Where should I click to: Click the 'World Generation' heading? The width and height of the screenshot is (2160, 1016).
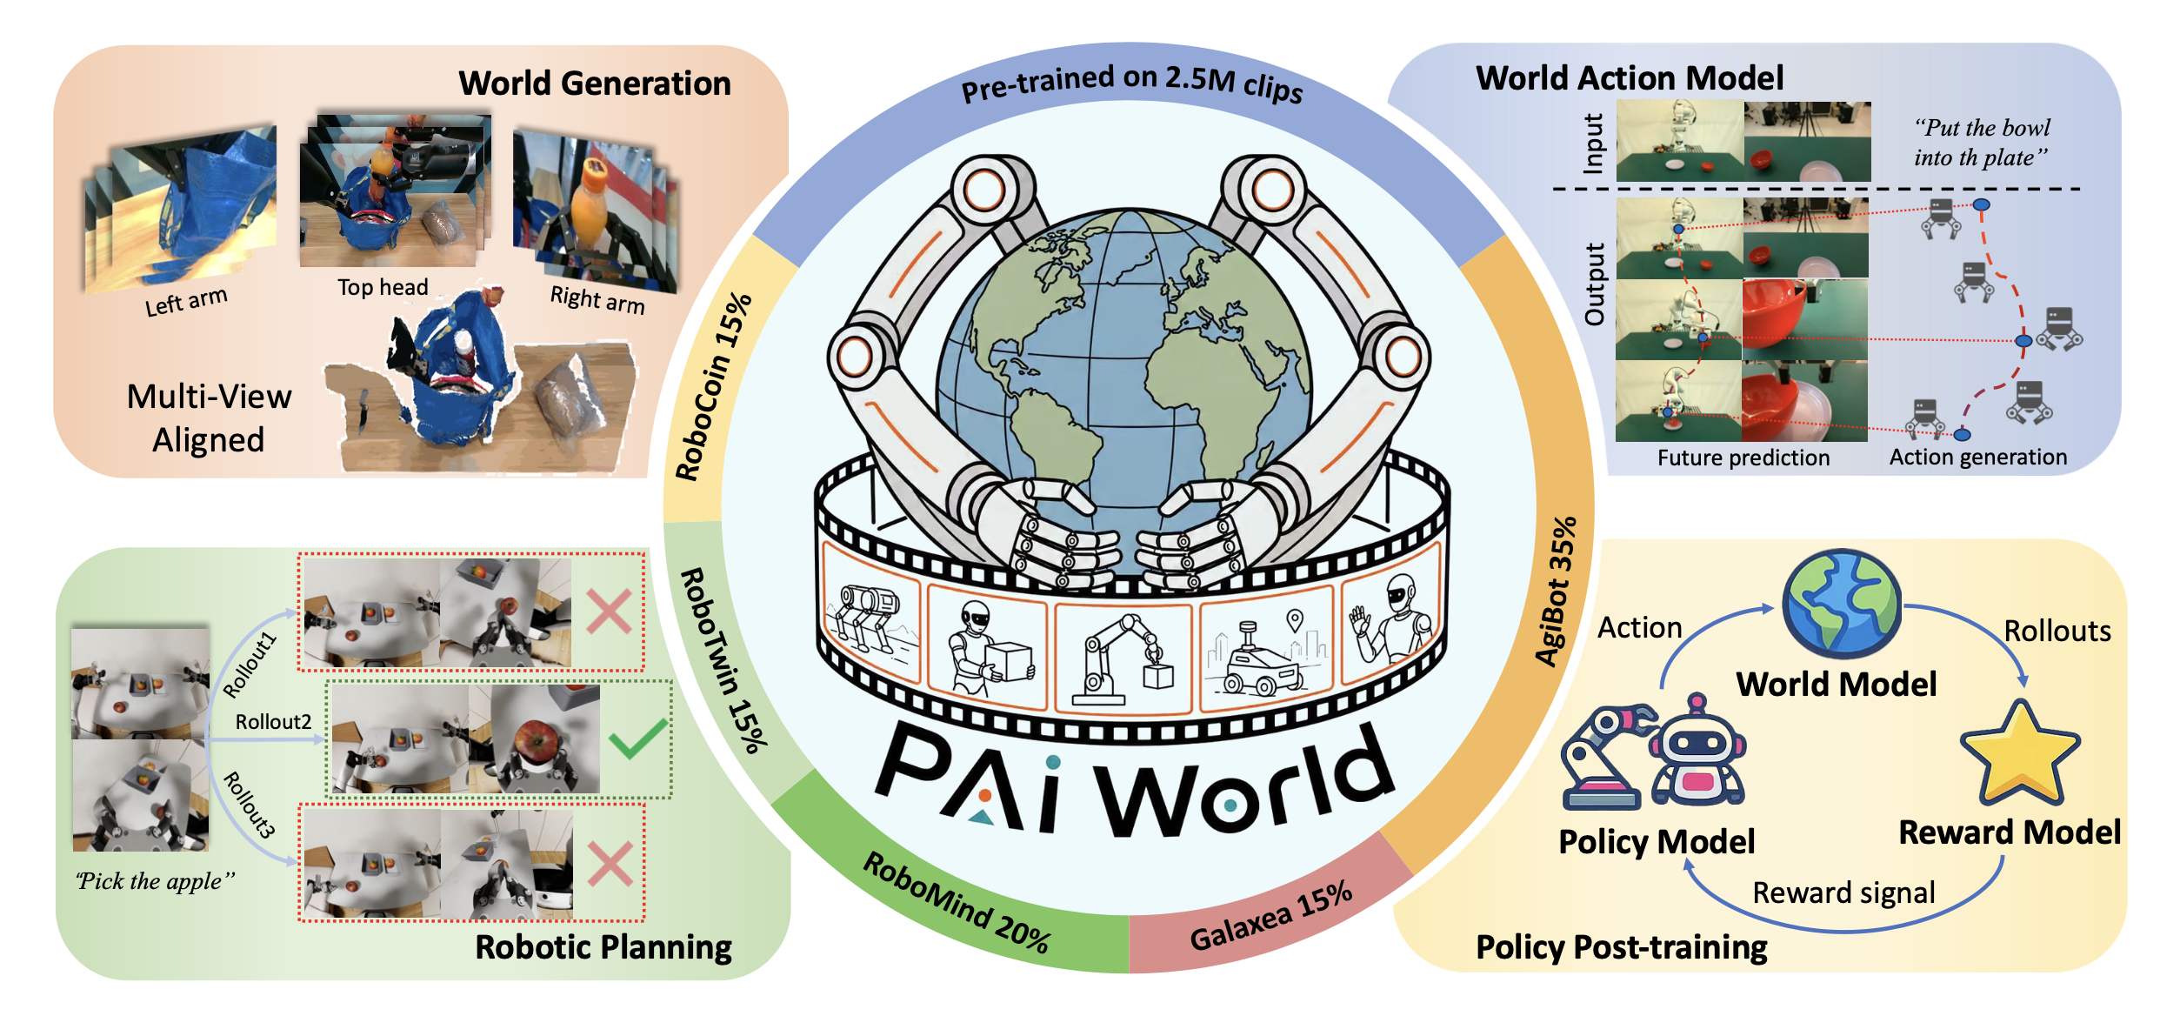pyautogui.click(x=595, y=84)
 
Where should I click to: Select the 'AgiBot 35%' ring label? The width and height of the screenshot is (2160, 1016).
pyautogui.click(x=1556, y=592)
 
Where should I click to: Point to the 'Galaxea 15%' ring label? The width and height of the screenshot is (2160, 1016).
pyautogui.click(x=1271, y=916)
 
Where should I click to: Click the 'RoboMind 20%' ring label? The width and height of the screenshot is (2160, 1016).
pyautogui.click(x=957, y=903)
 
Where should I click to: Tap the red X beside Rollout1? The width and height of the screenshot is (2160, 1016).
pyautogui.click(x=610, y=612)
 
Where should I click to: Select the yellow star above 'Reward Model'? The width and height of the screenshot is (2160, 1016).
pyautogui.click(x=2020, y=753)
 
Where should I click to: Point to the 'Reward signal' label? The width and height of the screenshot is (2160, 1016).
pyautogui.click(x=1843, y=892)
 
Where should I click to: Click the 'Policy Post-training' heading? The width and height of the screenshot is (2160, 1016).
pyautogui.click(x=1622, y=947)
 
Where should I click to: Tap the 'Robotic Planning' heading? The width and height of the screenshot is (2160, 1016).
pyautogui.click(x=603, y=947)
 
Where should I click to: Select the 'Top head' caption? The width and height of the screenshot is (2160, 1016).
pyautogui.click(x=383, y=287)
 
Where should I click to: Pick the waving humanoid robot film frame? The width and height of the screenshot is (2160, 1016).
pyautogui.click(x=1389, y=619)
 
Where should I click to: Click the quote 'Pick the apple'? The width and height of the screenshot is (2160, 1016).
pyautogui.click(x=156, y=881)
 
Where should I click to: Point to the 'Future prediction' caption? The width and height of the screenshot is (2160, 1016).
pyautogui.click(x=1743, y=458)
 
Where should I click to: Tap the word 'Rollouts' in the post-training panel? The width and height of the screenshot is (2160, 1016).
pyautogui.click(x=2057, y=631)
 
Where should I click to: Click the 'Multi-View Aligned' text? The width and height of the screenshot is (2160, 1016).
pyautogui.click(x=209, y=418)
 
